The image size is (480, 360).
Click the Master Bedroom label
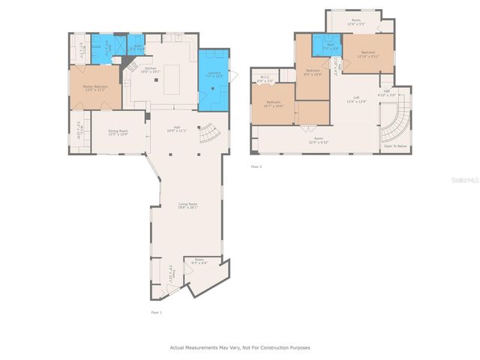click(x=90, y=88)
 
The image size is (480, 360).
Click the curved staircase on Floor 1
click(x=208, y=134)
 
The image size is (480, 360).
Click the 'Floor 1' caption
click(x=156, y=312)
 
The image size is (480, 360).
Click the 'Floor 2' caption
click(x=256, y=166)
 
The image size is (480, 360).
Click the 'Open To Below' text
click(x=395, y=145)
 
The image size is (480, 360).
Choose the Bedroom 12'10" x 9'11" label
click(x=368, y=54)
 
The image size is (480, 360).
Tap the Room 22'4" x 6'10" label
click(x=319, y=140)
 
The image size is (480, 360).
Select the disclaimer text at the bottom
click(x=240, y=347)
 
